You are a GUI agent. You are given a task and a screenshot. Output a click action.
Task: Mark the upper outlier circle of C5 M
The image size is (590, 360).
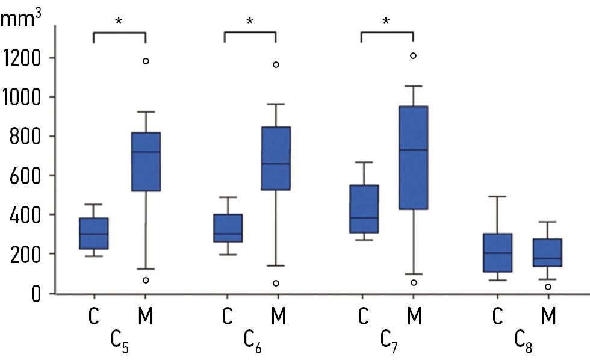tap(146, 61)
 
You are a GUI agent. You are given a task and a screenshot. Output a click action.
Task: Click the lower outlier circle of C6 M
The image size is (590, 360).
tap(276, 283)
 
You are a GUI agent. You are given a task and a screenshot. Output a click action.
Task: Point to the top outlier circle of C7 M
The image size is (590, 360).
tap(413, 55)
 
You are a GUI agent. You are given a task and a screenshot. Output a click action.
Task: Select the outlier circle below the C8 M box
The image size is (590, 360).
tap(548, 287)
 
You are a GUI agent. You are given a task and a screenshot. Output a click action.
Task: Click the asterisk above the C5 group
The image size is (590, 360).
tap(119, 22)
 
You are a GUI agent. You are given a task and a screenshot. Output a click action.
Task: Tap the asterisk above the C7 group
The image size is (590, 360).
tap(386, 22)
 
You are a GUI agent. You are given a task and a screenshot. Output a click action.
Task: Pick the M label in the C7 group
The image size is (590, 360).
tap(413, 317)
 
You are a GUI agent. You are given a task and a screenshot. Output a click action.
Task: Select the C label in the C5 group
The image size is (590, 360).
tap(94, 317)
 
